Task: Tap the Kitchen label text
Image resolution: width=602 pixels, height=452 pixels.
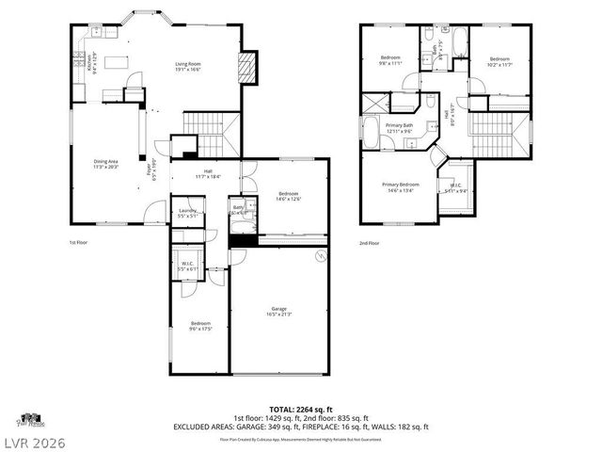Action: point(90,62)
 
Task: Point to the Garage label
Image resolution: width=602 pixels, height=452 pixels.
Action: point(279,312)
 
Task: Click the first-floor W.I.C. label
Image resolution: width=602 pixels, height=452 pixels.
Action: point(186,266)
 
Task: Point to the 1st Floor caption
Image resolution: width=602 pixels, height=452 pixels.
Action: point(79,242)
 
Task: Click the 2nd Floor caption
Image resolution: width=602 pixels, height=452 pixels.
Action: point(369,242)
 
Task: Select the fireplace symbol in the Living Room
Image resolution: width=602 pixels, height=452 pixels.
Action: point(247,68)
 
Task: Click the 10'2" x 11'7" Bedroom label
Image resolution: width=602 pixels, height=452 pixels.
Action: point(499,62)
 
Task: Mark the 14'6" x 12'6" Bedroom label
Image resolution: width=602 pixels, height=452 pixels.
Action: point(289,196)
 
